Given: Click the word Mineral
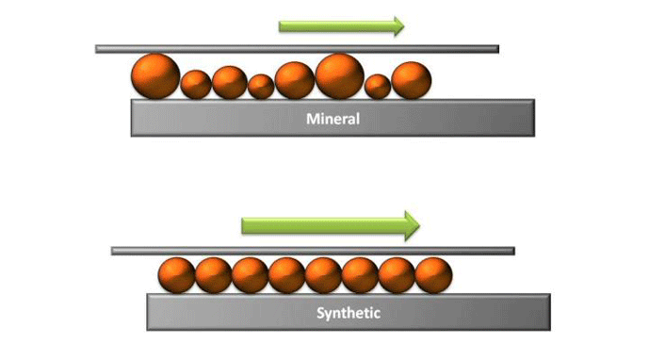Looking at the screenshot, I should tap(333, 120).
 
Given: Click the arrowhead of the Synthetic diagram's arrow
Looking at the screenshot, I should tap(411, 224).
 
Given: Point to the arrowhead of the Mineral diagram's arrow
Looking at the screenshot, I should tap(398, 26).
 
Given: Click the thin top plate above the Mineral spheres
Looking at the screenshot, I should tap(297, 48).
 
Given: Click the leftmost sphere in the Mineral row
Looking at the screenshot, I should tap(155, 76).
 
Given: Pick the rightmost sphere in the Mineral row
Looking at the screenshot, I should tap(411, 80).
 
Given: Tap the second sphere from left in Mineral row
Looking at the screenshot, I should tap(196, 85).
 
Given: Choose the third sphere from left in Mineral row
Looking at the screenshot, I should tap(229, 82).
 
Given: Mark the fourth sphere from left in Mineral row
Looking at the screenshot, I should tap(261, 87).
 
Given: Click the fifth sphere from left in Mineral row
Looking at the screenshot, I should tap(295, 80).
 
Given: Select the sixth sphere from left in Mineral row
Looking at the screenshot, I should tap(339, 75).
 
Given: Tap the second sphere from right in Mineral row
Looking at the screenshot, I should tap(378, 87).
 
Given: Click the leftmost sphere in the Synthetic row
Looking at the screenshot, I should tap(176, 274).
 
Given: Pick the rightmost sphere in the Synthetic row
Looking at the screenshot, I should tap(433, 274).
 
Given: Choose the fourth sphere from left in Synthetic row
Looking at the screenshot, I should tap(286, 274).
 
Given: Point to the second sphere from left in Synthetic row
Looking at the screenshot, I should tap(213, 274).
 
